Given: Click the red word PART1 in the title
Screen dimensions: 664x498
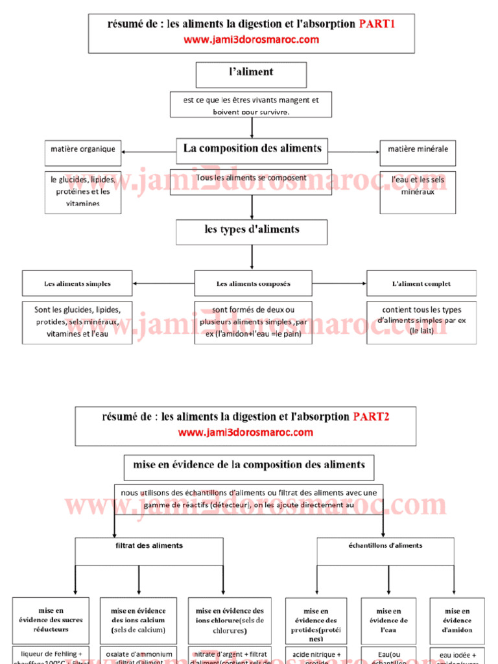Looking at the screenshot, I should click(377, 25).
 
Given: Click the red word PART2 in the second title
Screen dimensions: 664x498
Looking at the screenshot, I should click(371, 416).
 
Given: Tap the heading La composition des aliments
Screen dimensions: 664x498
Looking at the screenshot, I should click(252, 148).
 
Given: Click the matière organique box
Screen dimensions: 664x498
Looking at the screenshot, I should click(83, 149).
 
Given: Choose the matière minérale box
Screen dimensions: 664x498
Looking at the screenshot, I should click(418, 149).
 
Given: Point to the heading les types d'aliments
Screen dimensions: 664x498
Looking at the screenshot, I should click(252, 230).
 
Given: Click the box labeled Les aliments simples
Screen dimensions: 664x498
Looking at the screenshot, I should click(77, 283).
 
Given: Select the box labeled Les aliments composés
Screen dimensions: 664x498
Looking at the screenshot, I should click(253, 283).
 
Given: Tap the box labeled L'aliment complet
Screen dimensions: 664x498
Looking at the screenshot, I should click(421, 283).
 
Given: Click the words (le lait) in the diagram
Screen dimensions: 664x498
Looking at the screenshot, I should click(421, 330).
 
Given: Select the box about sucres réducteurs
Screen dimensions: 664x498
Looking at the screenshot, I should click(51, 620).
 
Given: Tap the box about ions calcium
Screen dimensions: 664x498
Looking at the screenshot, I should click(138, 620).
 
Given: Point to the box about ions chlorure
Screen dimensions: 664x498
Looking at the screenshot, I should click(230, 620).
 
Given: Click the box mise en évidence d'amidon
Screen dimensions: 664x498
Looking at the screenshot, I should click(457, 620).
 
